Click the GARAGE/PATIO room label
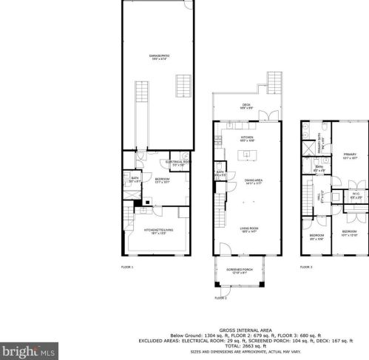pos(157,57)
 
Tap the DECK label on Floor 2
pos(246,106)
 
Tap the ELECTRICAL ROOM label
pos(178,162)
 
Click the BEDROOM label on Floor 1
pos(163,180)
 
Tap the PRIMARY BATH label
pos(322,147)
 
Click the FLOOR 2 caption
pos(220,297)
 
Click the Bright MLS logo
pos(27,348)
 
